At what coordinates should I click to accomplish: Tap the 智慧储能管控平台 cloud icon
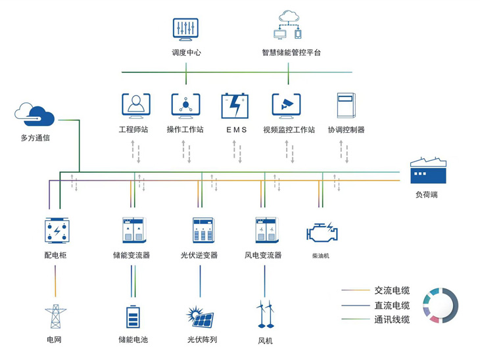click(x=288, y=26)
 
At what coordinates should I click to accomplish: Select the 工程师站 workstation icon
click(x=135, y=104)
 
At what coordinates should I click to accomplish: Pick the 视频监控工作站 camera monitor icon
click(x=286, y=104)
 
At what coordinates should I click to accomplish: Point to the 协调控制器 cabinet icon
click(x=346, y=105)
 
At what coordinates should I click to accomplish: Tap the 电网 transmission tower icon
click(x=55, y=317)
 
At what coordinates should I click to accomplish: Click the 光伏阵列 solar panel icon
click(x=201, y=317)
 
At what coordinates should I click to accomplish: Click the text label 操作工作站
click(x=185, y=129)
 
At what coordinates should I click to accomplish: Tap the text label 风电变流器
click(x=263, y=255)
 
